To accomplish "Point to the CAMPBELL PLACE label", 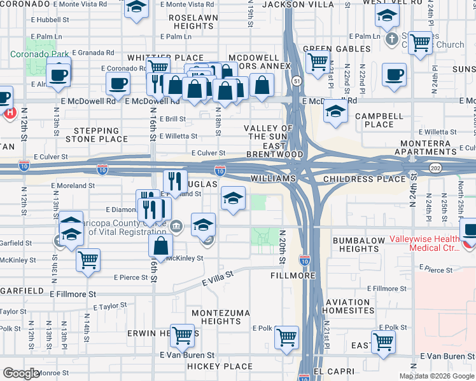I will coord(379,121).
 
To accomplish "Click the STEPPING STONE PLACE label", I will coord(97,135).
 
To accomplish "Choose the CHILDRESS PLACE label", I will coord(364,179).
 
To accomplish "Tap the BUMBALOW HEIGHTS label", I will coord(359,244).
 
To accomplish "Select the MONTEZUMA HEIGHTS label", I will coord(216,317).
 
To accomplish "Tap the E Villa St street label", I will coord(218,276).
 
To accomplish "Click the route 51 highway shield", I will coord(297,81).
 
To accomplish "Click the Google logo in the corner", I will coord(22,374).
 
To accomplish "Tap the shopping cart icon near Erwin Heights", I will coord(183,335).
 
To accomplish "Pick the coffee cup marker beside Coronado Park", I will coord(59,74).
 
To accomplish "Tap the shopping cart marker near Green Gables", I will coord(316,62).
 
